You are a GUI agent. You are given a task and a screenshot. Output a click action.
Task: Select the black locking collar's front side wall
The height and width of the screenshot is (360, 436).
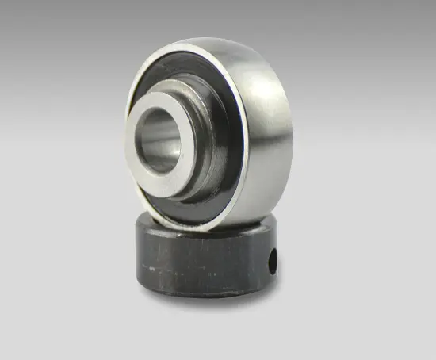coord(198,262)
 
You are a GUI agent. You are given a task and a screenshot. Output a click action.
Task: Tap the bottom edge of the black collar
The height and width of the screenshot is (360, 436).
coord(198,293)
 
